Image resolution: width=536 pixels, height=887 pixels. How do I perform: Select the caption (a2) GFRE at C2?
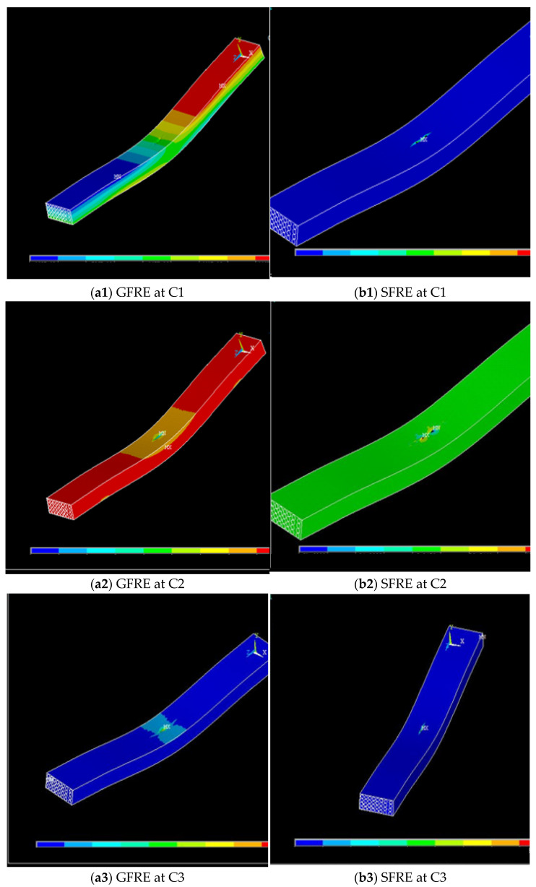point(138,584)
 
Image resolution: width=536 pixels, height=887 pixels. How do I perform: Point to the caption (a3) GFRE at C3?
point(138,876)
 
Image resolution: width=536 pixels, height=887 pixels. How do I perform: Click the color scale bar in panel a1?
point(149,258)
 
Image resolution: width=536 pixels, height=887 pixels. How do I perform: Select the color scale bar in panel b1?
point(412,253)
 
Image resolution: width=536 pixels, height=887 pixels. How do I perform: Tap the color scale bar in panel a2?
point(150,550)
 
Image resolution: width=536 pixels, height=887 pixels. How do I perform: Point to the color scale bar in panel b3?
point(412,842)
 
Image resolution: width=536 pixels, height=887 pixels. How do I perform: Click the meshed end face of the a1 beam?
point(60,212)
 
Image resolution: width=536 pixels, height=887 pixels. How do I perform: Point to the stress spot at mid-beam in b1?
point(420,139)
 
